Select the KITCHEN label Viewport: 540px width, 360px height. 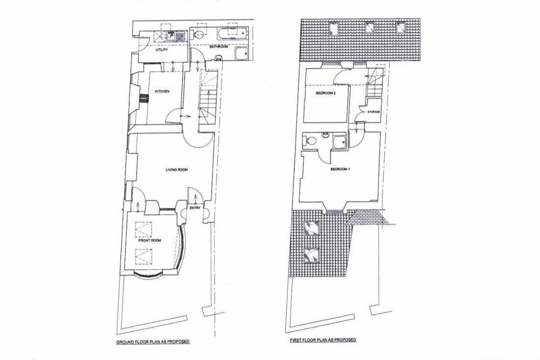coord(162,92)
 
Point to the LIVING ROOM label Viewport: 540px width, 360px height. coord(177,170)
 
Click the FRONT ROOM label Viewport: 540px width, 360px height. coord(150,241)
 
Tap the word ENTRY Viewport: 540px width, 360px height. coord(195,208)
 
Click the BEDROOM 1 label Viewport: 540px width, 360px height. coord(340,170)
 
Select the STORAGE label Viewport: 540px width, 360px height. coord(374,112)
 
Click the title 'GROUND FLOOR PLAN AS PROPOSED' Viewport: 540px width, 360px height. coord(153,341)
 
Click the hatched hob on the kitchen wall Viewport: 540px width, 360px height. coord(143,99)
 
